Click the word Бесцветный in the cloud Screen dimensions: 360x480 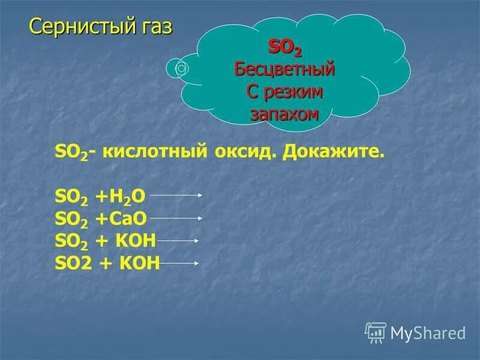point(284,69)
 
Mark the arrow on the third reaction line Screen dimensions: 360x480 point(178,241)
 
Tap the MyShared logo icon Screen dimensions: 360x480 point(375,332)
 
